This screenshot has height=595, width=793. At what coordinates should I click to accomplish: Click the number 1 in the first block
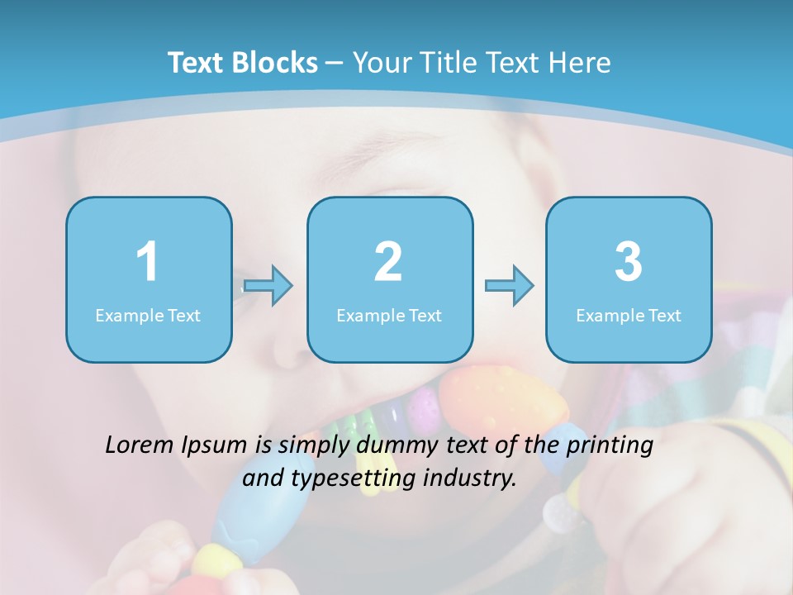click(147, 262)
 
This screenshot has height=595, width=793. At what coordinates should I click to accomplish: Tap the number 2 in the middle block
click(388, 262)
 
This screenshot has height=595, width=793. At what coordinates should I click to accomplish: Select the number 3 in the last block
click(629, 262)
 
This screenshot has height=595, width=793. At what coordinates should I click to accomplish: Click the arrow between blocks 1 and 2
click(268, 286)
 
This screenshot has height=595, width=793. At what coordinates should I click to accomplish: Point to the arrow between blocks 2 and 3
click(509, 286)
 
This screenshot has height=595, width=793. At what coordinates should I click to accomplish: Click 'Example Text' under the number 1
click(148, 315)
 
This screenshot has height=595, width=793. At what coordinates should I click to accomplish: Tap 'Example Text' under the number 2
click(389, 315)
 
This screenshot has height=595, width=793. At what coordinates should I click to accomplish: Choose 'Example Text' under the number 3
click(629, 315)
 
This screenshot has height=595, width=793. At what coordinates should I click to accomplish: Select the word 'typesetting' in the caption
click(349, 478)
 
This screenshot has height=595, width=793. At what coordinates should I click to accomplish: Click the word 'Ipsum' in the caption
click(216, 446)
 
